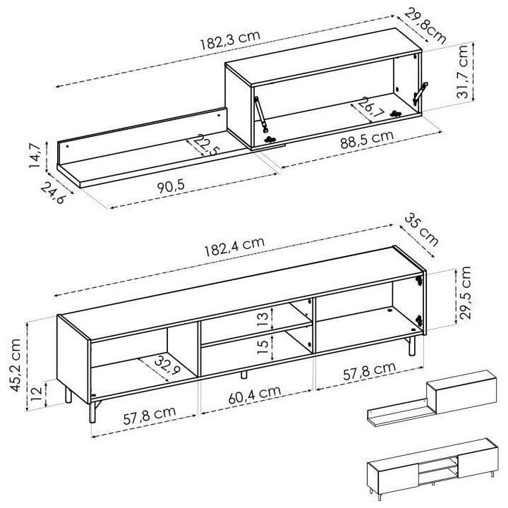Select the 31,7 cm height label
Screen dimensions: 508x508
click(464, 73)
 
